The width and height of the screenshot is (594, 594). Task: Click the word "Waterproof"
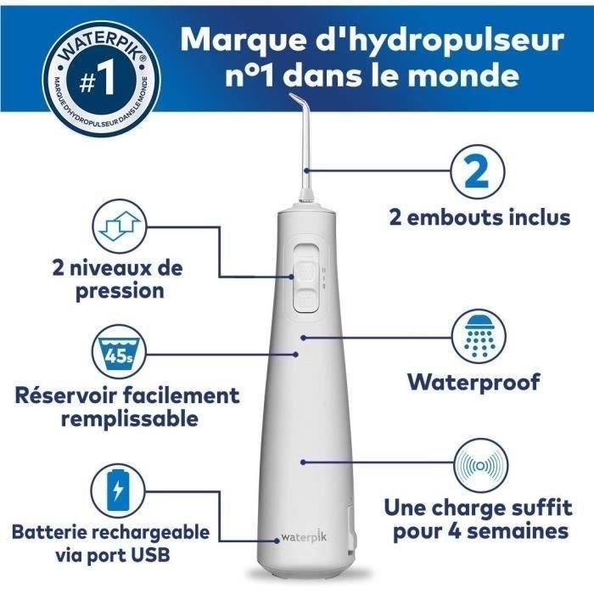474,382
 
